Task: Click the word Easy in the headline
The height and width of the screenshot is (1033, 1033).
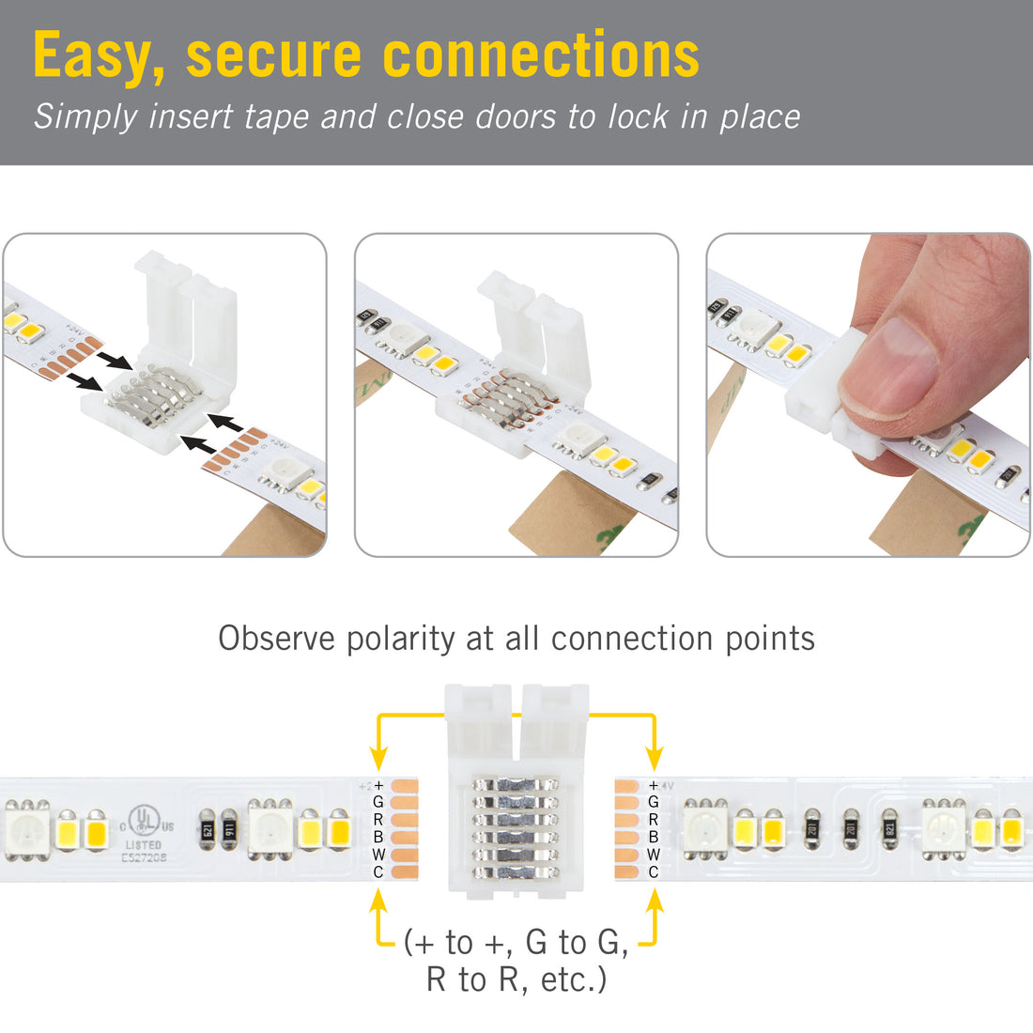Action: [x=98, y=56]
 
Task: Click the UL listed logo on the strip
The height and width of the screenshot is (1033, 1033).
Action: [x=143, y=819]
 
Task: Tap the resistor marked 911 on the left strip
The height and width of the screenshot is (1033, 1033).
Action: [x=229, y=830]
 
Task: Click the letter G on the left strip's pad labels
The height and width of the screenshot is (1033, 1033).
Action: [x=378, y=802]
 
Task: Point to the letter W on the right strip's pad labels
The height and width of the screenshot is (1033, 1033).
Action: [x=654, y=855]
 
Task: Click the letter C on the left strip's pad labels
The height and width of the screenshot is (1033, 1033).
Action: [x=378, y=872]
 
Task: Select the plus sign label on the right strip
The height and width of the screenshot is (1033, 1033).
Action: [x=654, y=785]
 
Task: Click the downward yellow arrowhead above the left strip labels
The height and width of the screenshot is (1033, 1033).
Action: [x=378, y=757]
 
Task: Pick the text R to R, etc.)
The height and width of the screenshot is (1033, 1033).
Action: [x=516, y=979]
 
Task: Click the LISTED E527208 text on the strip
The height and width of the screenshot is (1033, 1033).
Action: [x=143, y=851]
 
